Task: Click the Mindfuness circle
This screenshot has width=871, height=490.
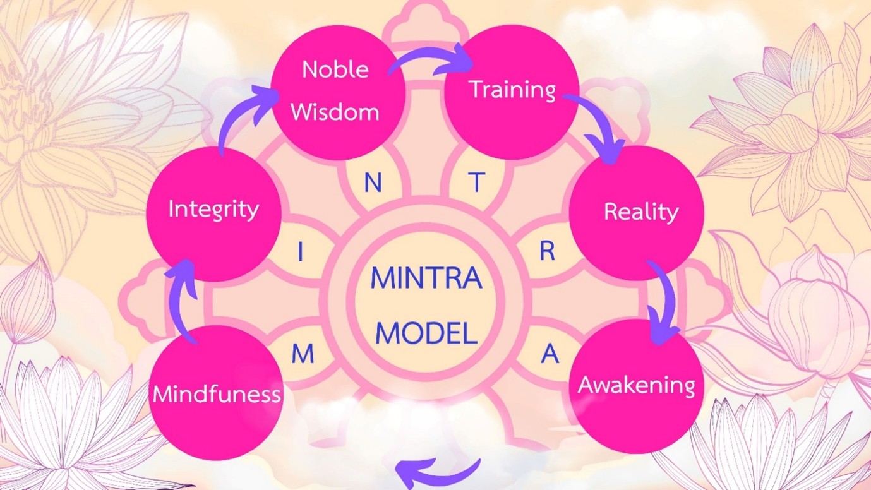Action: (x=216, y=393)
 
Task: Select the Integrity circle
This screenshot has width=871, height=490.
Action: (x=214, y=214)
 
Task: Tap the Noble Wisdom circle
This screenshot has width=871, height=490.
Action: (x=339, y=92)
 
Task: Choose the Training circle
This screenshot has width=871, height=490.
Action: (x=512, y=92)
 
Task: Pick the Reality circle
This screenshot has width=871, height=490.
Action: (x=637, y=213)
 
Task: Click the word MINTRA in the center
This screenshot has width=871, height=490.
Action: (x=426, y=278)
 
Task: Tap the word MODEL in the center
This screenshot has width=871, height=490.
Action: (x=426, y=333)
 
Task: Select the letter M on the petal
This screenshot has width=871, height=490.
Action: (x=303, y=354)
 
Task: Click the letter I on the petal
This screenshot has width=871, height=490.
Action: (x=300, y=251)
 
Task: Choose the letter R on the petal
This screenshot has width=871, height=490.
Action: (x=547, y=251)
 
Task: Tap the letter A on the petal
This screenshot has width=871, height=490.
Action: (x=550, y=353)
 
